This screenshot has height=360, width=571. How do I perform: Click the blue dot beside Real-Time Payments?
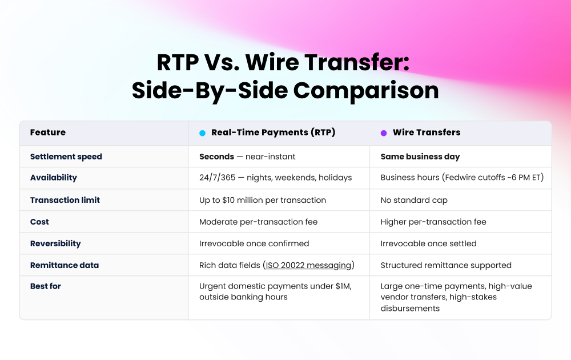(203, 133)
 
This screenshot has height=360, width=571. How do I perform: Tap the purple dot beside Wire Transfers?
(384, 133)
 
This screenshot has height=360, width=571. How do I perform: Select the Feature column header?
(48, 132)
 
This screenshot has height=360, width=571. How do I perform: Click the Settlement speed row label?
(66, 157)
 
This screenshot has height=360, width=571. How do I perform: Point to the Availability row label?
(54, 178)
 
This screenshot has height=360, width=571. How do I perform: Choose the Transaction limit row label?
(65, 200)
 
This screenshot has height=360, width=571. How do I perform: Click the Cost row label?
(39, 222)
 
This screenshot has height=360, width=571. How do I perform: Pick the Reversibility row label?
(55, 243)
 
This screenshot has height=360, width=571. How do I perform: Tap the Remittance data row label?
(65, 265)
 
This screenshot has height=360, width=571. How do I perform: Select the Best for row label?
(46, 286)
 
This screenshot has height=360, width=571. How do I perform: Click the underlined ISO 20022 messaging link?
(308, 265)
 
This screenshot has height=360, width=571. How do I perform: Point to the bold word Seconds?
(216, 157)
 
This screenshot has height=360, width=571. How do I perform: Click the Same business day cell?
(420, 157)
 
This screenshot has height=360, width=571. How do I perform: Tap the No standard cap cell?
(414, 200)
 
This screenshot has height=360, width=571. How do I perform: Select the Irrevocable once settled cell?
(429, 243)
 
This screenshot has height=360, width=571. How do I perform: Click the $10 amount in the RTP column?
(228, 200)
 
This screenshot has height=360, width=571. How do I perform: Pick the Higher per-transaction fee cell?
(433, 222)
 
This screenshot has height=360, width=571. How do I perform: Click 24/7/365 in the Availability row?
(218, 178)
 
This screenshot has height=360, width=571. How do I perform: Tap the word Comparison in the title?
(366, 90)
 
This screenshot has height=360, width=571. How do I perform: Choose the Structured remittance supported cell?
(446, 265)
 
